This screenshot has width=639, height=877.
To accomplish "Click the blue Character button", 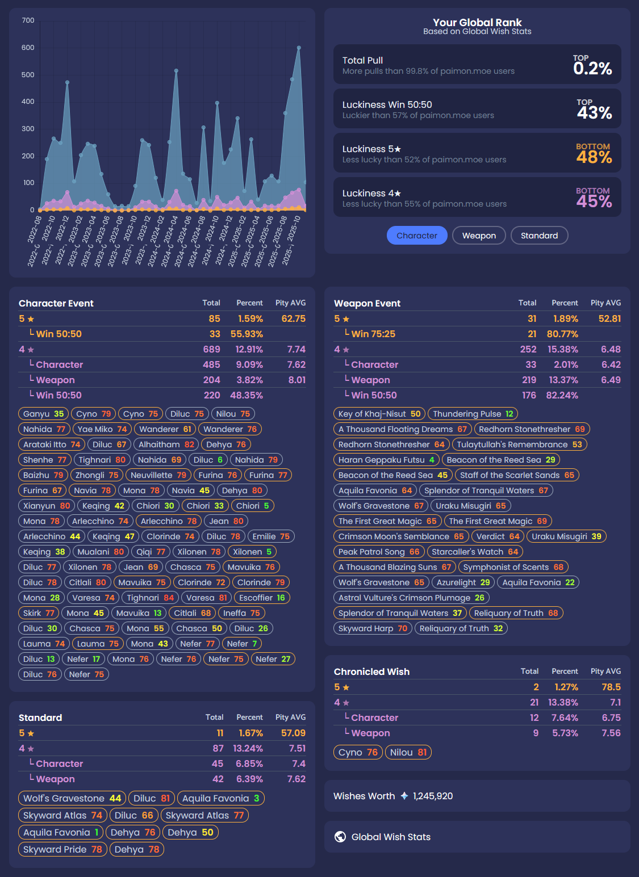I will pyautogui.click(x=417, y=236).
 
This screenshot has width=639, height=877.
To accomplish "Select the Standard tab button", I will pyautogui.click(x=539, y=236).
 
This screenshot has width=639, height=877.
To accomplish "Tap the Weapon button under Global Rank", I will pyautogui.click(x=479, y=236).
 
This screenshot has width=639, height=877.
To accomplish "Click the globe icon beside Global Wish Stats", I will pyautogui.click(x=340, y=837).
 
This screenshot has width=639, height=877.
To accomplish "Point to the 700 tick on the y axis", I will pyautogui.click(x=28, y=20).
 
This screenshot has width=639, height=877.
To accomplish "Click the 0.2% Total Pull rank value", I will pyautogui.click(x=592, y=69).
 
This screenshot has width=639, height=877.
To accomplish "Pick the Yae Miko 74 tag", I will pyautogui.click(x=102, y=429).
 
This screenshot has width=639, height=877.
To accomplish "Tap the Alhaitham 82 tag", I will pyautogui.click(x=166, y=444).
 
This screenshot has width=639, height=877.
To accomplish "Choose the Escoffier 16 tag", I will pyautogui.click(x=262, y=598).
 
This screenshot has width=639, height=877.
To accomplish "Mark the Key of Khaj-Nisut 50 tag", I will pyautogui.click(x=379, y=414).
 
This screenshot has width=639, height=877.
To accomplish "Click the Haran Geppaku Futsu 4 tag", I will pyautogui.click(x=386, y=460).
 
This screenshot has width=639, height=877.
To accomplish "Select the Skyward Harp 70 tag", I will pyautogui.click(x=373, y=628).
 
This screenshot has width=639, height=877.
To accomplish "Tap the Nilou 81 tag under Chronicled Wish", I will pyautogui.click(x=408, y=752).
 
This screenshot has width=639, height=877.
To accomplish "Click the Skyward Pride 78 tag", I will pyautogui.click(x=62, y=849).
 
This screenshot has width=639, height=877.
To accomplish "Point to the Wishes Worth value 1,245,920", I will pyautogui.click(x=433, y=796).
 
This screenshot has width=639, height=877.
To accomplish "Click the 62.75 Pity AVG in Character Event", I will pyautogui.click(x=293, y=318).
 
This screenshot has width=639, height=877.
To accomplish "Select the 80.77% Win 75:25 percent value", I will pyautogui.click(x=562, y=334).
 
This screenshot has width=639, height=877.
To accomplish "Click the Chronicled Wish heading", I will pyautogui.click(x=371, y=672).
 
